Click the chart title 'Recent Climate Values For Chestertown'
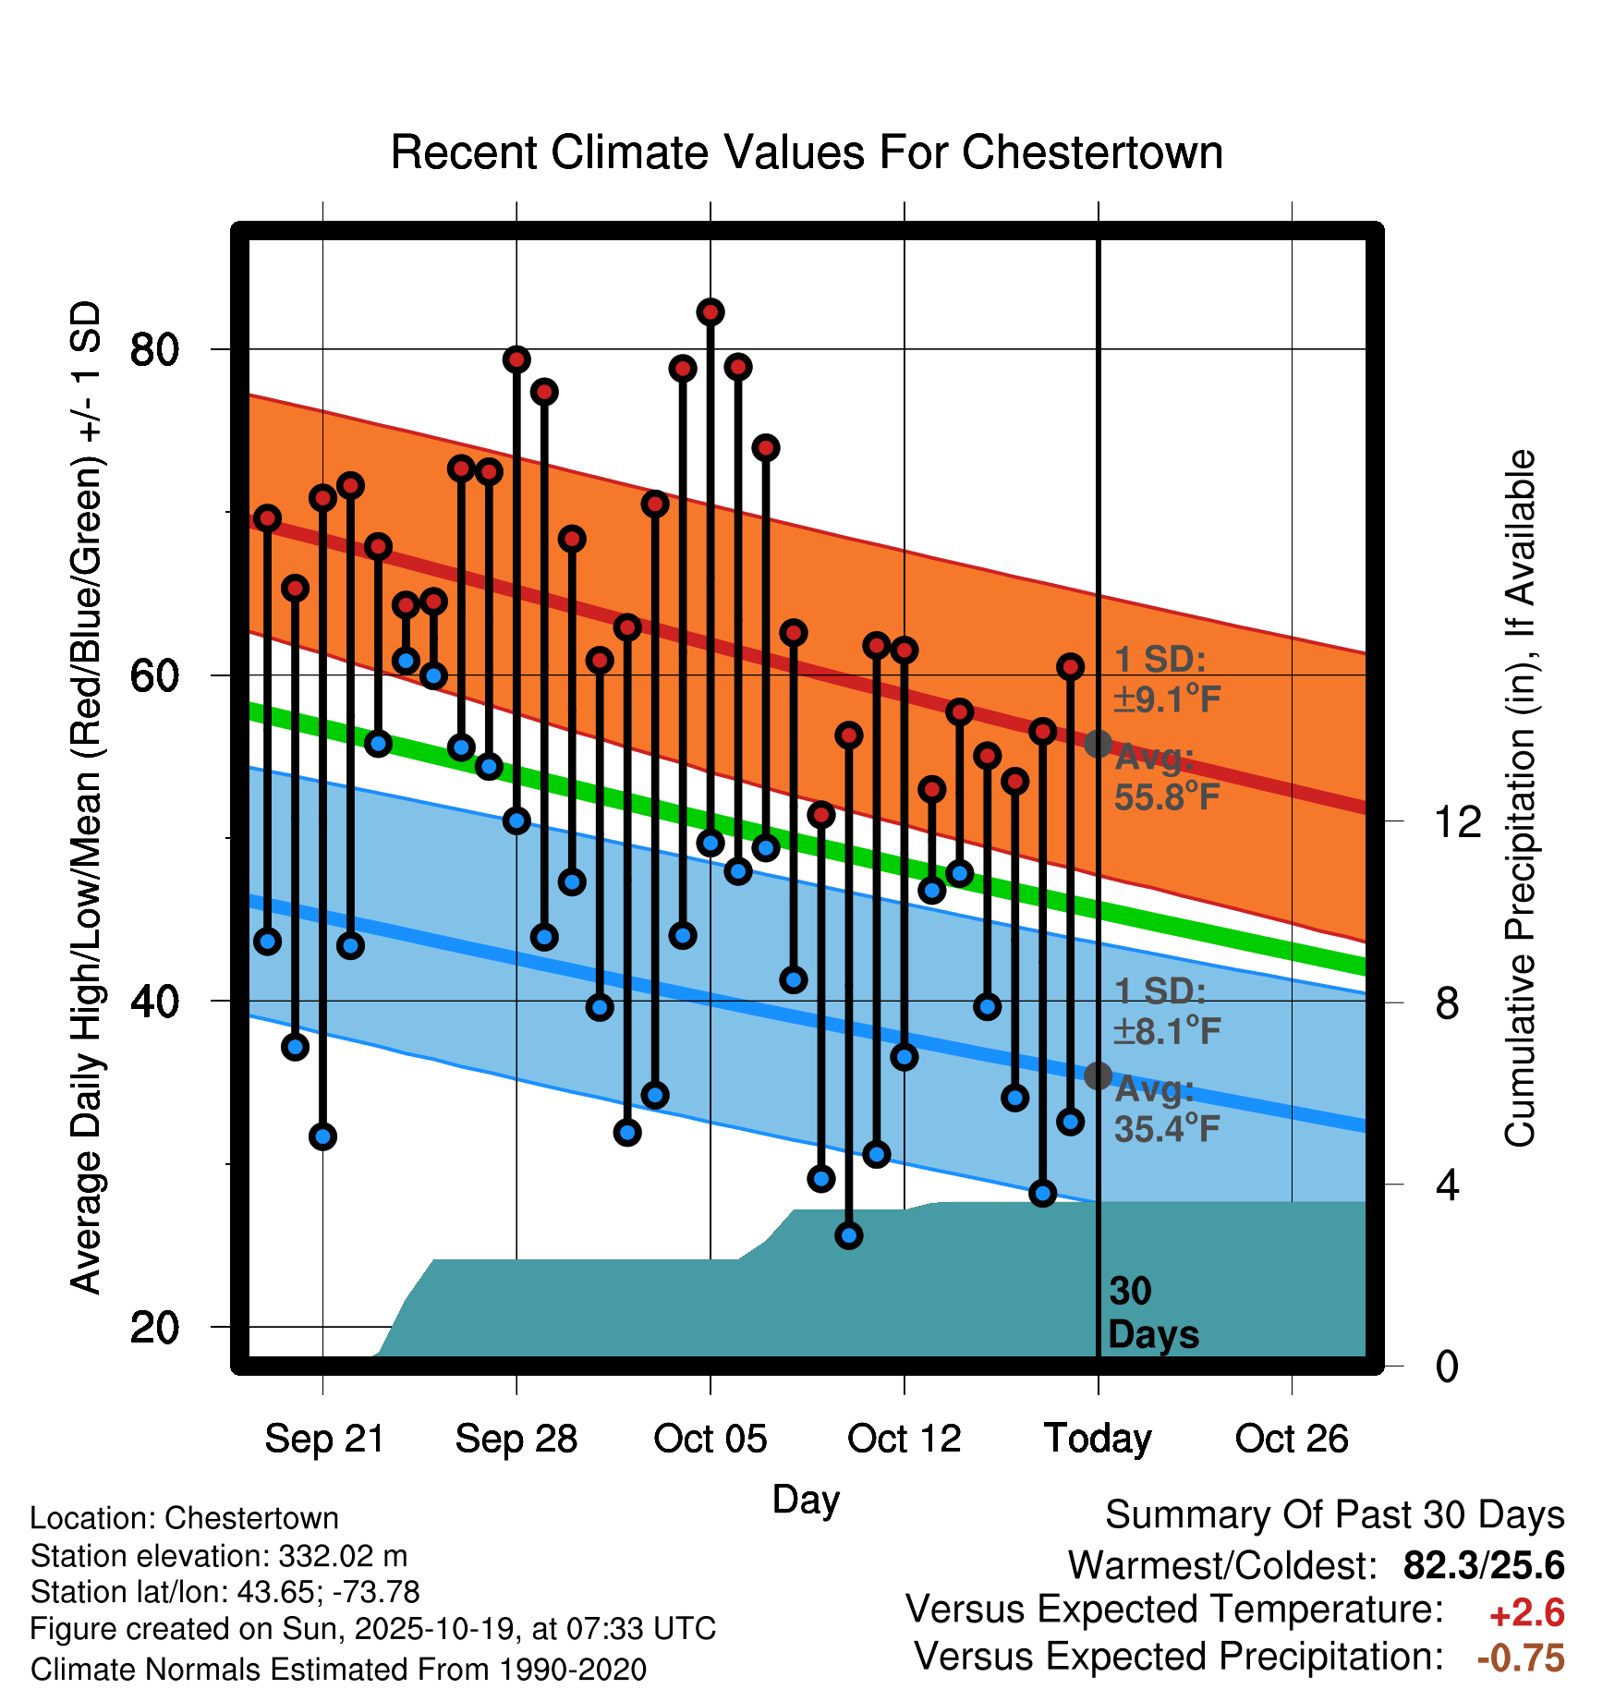point(807,152)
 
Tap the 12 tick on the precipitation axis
point(1458,821)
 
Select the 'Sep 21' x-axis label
point(324,1439)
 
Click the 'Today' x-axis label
point(1098,1439)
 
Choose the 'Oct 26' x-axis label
point(1292,1439)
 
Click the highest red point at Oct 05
point(710,312)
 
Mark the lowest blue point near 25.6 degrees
point(849,1235)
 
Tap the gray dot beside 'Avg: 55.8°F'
point(1098,744)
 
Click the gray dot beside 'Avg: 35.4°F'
point(1098,1075)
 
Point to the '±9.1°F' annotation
point(1167,699)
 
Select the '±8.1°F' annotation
point(1167,1030)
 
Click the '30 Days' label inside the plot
point(1152,1313)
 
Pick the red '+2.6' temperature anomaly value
point(1526,1613)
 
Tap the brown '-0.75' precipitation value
point(1521,1658)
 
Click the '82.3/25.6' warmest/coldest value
point(1484,1565)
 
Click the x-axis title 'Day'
point(806,1500)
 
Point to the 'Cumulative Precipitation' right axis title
point(1520,798)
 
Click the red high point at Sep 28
point(516,359)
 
